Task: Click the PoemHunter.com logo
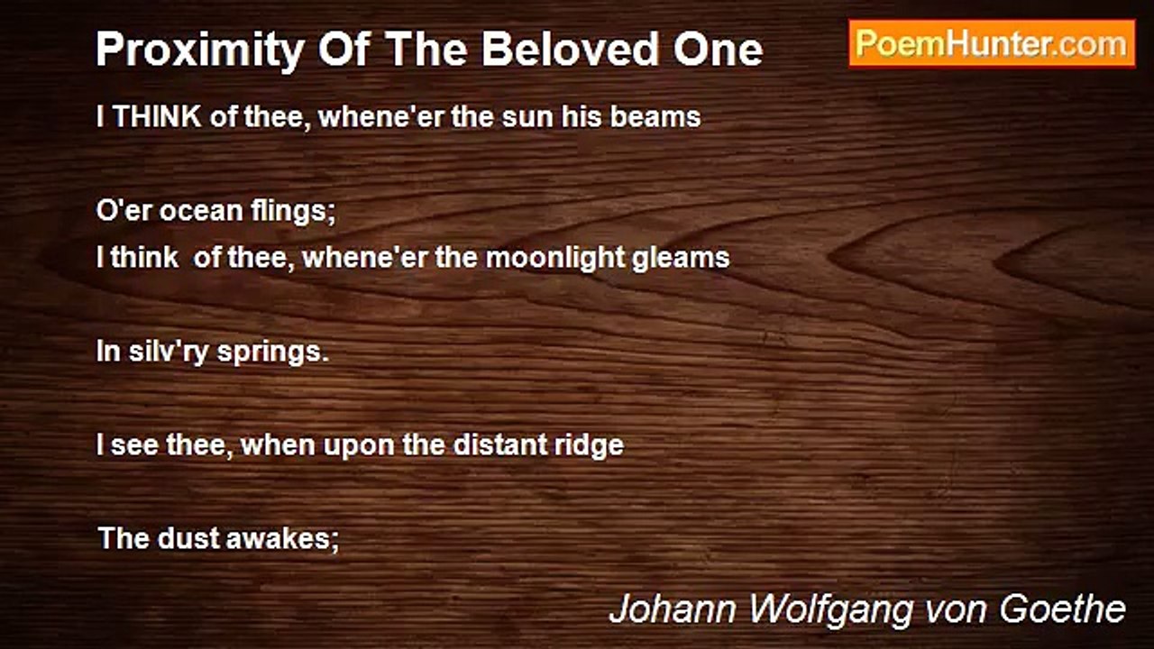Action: pyautogui.click(x=992, y=43)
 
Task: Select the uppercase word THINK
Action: pyautogui.click(x=157, y=117)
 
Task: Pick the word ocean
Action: pyautogui.click(x=191, y=211)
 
